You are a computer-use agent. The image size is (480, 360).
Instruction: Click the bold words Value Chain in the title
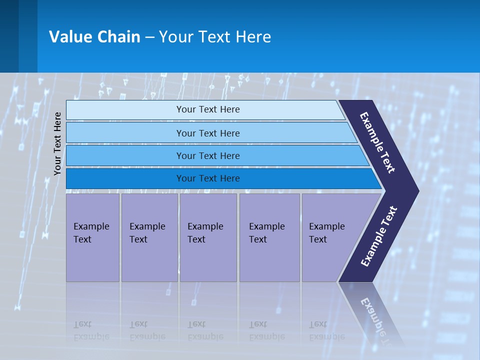coord(94,36)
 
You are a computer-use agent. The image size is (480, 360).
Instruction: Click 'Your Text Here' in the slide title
coord(215,36)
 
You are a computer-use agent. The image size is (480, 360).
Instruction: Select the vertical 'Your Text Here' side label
coord(57,143)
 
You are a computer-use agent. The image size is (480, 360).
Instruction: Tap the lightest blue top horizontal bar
coord(125,110)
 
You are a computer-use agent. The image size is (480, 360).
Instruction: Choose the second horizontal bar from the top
coord(125,133)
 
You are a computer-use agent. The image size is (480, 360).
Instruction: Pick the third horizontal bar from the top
coord(125,155)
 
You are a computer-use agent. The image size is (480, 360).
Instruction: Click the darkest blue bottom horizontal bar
coord(125,178)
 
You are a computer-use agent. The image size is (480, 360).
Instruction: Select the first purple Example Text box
coord(92,237)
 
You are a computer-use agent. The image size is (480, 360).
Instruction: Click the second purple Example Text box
coord(149,237)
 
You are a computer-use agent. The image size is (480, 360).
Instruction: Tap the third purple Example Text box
coord(208,237)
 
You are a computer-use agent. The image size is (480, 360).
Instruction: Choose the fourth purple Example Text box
coord(269,237)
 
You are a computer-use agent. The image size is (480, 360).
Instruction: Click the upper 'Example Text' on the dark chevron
coord(378,142)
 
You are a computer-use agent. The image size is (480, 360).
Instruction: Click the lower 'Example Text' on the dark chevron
coord(379,236)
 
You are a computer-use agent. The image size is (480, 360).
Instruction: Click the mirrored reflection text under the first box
coord(91,330)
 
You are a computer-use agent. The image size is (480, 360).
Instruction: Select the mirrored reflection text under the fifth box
coord(326,330)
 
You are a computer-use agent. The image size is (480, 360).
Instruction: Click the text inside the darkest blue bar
coord(208,178)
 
